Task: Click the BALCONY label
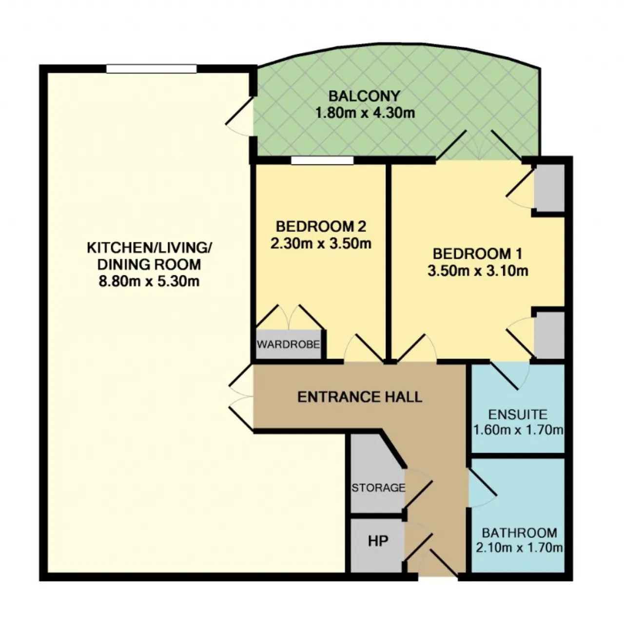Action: tap(364, 96)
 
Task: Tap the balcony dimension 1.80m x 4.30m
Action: tap(365, 113)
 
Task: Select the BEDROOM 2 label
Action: tap(321, 226)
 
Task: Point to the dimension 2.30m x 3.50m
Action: tap(321, 244)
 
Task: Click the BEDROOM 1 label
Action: tap(478, 254)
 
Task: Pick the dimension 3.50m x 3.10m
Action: tap(478, 271)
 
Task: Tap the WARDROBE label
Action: tap(288, 345)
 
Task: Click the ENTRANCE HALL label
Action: tap(360, 397)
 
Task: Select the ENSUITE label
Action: tap(518, 415)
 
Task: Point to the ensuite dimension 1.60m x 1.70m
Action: tap(518, 430)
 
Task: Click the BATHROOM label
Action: tap(519, 533)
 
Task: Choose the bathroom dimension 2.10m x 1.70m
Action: tap(519, 548)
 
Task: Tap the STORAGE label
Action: tap(378, 488)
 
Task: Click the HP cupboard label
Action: tap(378, 541)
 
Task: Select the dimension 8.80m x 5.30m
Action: tap(149, 281)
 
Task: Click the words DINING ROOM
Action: tap(149, 264)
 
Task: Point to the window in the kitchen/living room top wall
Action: tap(151, 69)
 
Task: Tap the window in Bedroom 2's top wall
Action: tap(322, 160)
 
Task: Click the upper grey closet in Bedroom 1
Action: tap(549, 188)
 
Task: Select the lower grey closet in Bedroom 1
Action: tap(549, 335)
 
